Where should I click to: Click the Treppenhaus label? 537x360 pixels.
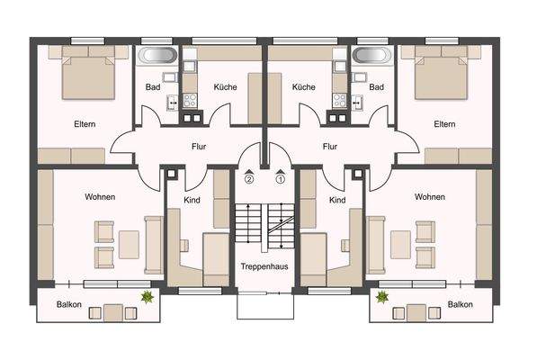(264, 267)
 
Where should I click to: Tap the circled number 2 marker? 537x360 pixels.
(249, 178)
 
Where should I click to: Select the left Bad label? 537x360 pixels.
(154, 87)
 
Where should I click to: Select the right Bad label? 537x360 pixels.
(376, 87)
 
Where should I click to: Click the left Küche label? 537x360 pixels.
(225, 87)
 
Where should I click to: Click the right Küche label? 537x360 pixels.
(303, 87)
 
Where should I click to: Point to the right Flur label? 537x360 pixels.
(329, 145)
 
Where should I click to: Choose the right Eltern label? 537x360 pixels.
(444, 124)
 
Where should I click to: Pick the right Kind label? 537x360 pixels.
(337, 200)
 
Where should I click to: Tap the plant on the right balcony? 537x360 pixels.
(382, 295)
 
